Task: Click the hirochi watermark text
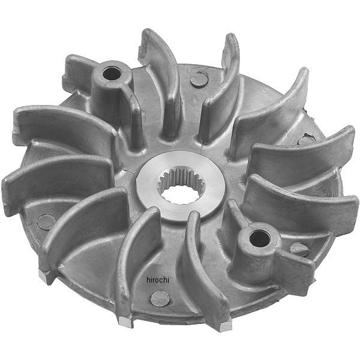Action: (157, 280)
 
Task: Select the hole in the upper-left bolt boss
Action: (112, 73)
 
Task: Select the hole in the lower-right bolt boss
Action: (259, 238)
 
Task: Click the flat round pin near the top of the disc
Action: (199, 80)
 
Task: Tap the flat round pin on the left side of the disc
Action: (46, 221)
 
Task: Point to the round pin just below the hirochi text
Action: (160, 299)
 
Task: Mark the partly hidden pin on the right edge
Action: (305, 139)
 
